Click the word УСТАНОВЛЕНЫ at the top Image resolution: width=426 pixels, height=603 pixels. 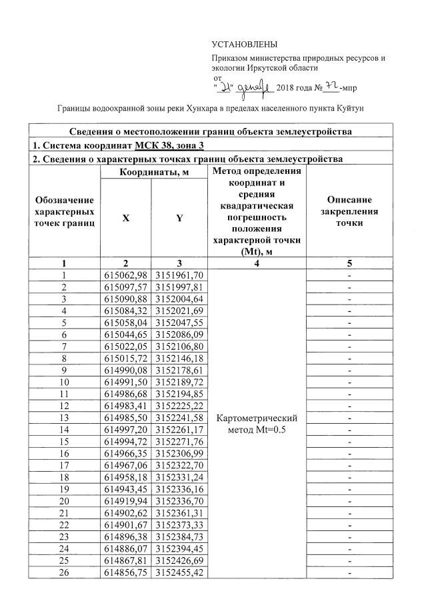point(244,44)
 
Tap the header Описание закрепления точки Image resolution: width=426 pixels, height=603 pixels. point(349,211)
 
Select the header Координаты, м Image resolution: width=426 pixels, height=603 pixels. point(153,173)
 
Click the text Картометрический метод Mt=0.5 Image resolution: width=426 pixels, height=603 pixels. point(257,423)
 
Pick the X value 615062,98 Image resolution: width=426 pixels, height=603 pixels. point(125,275)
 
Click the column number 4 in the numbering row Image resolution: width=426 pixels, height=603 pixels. point(257,263)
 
